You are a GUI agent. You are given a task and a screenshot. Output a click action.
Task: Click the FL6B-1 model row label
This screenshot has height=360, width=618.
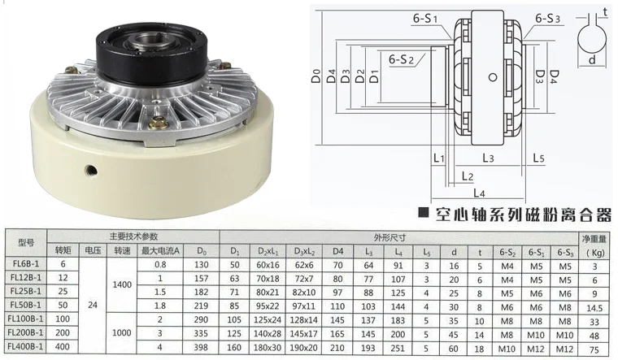26,263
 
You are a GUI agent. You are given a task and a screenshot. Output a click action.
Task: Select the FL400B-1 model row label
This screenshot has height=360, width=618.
26,347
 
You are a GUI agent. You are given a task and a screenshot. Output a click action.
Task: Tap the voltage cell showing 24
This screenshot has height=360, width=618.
93,305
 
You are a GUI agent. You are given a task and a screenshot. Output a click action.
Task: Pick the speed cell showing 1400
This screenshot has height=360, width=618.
122,284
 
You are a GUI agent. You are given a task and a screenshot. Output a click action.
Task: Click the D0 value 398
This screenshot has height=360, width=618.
201,347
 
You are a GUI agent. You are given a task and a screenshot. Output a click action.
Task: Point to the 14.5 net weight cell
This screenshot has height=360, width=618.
594,308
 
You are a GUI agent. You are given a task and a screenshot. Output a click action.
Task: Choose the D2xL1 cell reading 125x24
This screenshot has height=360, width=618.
268,319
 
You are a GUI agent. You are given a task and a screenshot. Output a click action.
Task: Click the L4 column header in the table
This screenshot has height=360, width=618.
398,252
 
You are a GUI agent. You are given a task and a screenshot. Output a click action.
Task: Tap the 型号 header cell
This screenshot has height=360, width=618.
26,243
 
